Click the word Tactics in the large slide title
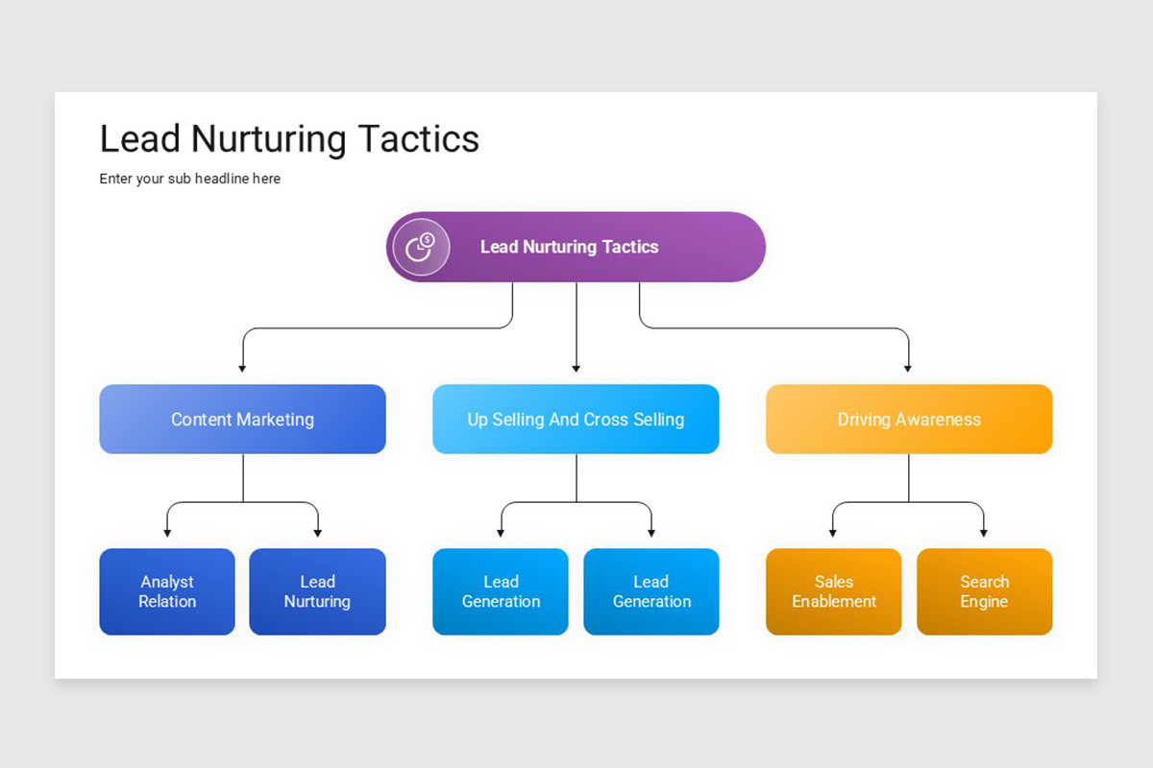coord(419,139)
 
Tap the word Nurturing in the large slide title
coord(269,140)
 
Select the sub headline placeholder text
coord(190,179)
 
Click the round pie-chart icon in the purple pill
coord(421,248)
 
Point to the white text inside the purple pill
coord(569,247)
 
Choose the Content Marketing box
coord(242,419)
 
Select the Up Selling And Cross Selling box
coord(576,419)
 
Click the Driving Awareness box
coord(909,419)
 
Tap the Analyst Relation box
coord(167,591)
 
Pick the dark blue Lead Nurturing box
coord(318,591)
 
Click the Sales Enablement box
coord(834,591)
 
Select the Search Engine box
coord(985,591)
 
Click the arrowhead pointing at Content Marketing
coord(242,369)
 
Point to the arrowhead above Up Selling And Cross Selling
coord(576,369)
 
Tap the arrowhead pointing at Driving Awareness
coord(908,369)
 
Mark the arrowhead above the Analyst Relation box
coord(167,534)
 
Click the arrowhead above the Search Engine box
coord(984,534)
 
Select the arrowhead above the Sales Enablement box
coord(833,534)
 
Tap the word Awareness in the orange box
coord(938,420)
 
